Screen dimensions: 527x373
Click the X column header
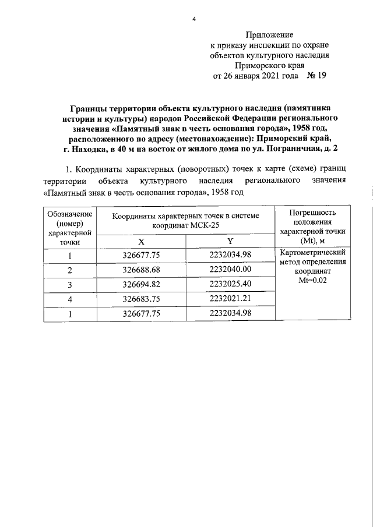tap(140, 240)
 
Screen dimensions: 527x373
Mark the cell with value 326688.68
tap(140, 270)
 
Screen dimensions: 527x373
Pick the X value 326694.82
tap(140, 285)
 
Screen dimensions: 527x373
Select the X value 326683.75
tap(140, 299)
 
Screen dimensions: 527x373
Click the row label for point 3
tap(70, 285)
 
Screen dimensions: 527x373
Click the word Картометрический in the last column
tap(312, 253)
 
